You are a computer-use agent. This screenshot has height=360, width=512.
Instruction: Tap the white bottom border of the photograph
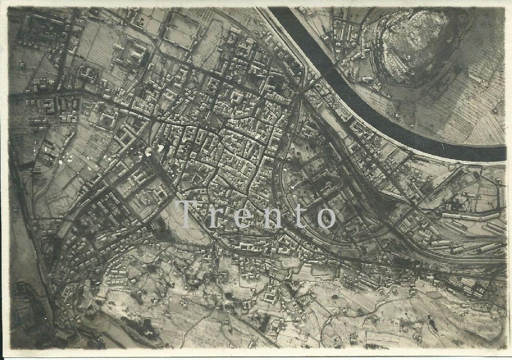256,354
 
